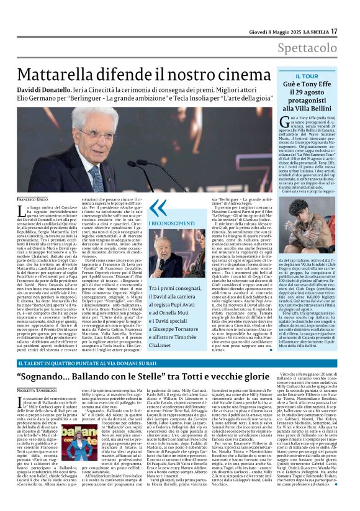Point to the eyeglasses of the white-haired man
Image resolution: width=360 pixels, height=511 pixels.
[x=99, y=133]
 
